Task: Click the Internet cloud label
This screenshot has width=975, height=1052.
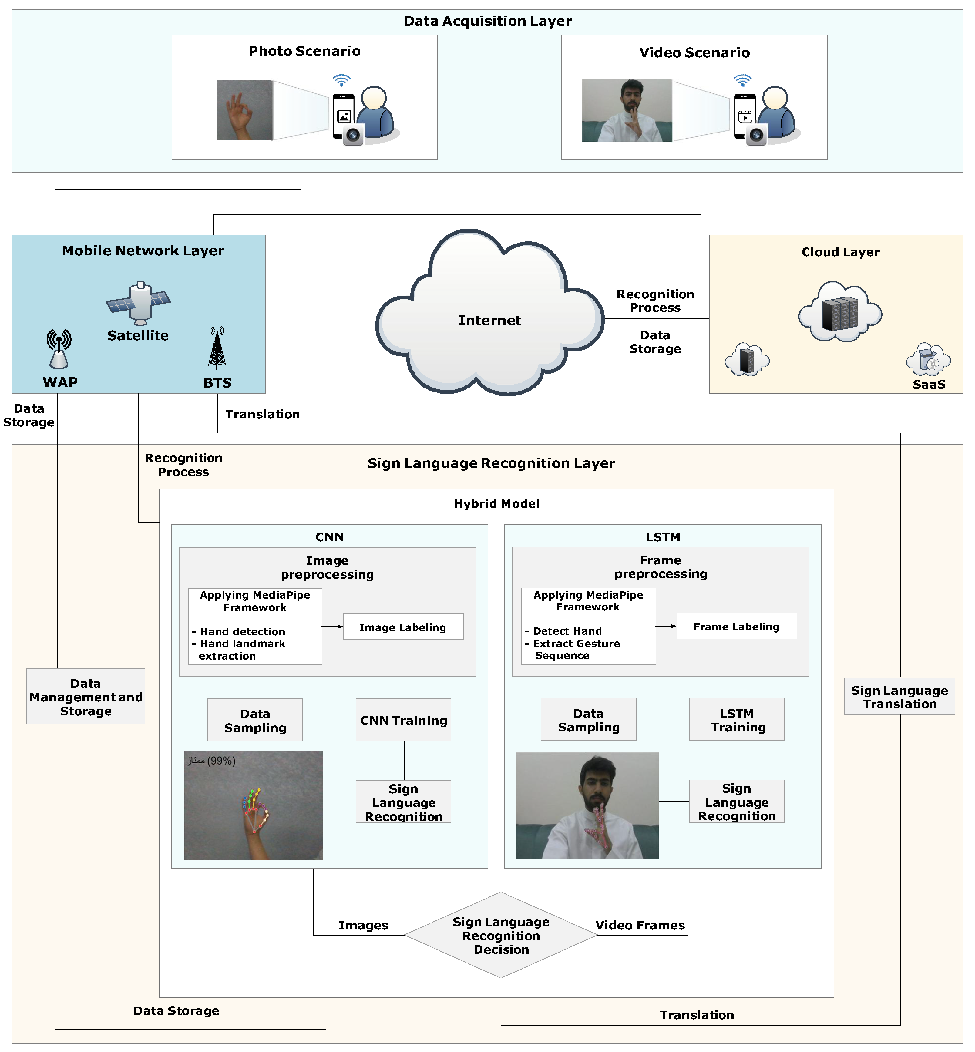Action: (489, 320)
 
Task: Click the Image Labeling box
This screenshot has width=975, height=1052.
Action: (403, 627)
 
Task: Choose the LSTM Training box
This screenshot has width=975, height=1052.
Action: (737, 720)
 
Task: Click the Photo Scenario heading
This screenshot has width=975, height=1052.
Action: (304, 51)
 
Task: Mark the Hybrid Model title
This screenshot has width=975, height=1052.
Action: (496, 504)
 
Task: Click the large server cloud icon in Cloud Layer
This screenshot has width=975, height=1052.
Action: (840, 312)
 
